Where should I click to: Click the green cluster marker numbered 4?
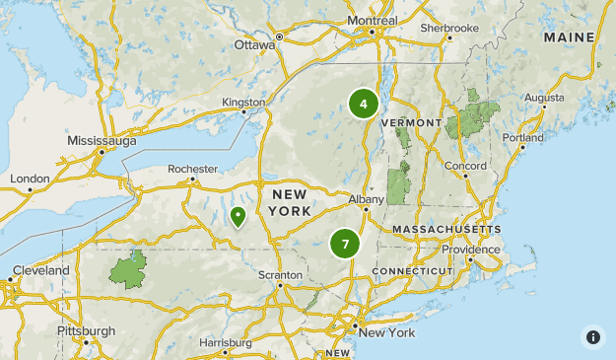[x=364, y=104]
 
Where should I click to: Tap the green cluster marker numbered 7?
[x=345, y=243]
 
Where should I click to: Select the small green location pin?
[x=238, y=216]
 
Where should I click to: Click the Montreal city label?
[x=373, y=21]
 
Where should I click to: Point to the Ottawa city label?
[x=254, y=44]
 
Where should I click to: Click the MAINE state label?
[x=569, y=37]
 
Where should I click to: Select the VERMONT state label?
[x=410, y=122]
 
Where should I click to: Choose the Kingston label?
[x=243, y=102]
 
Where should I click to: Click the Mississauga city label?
[x=102, y=141]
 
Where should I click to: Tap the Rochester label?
[x=192, y=169]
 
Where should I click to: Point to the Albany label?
[x=366, y=198]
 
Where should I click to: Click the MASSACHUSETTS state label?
[x=446, y=229]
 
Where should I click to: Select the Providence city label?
[x=470, y=250]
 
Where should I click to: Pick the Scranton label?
[x=281, y=274]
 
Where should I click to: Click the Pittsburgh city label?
[x=86, y=330]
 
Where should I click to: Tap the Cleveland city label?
[x=41, y=270]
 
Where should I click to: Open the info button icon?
[x=592, y=336]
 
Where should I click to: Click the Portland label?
[x=522, y=138]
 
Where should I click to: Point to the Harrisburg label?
[x=226, y=342]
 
